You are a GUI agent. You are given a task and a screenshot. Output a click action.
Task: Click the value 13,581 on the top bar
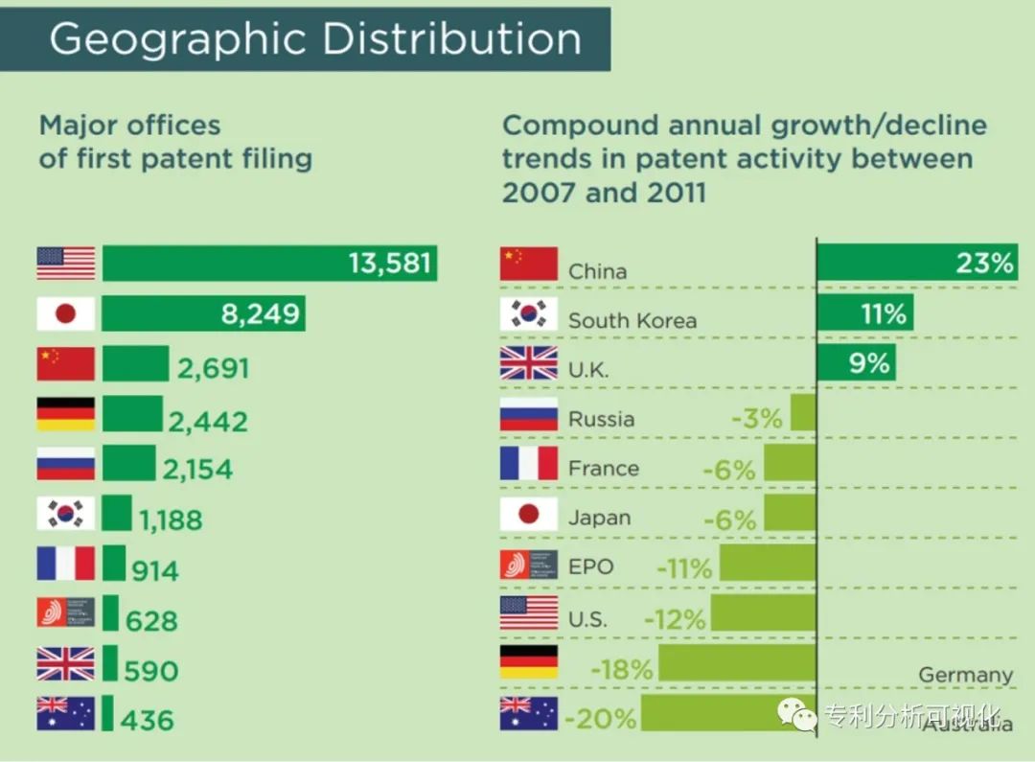389,263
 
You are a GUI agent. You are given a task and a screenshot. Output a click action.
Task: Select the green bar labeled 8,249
203,313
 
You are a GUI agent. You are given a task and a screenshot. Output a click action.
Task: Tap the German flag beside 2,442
66,414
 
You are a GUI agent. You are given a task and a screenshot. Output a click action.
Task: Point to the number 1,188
171,520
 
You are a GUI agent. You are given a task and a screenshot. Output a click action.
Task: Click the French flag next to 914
66,564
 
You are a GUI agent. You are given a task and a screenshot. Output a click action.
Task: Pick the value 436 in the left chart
149,719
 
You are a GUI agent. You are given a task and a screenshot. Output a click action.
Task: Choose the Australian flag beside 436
66,713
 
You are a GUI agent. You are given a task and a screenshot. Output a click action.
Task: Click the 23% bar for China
916,263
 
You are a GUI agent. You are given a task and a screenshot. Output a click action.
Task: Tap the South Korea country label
632,320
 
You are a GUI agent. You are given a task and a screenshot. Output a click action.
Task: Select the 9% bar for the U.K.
856,363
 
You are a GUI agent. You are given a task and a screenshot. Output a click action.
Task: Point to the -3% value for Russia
756,419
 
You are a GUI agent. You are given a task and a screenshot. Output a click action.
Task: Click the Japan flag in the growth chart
528,515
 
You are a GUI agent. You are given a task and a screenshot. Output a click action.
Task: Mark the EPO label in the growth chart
590,566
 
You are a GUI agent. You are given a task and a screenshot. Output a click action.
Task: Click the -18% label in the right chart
622,669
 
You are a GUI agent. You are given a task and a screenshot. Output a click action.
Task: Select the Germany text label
965,675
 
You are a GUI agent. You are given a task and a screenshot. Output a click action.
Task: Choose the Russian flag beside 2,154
66,464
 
